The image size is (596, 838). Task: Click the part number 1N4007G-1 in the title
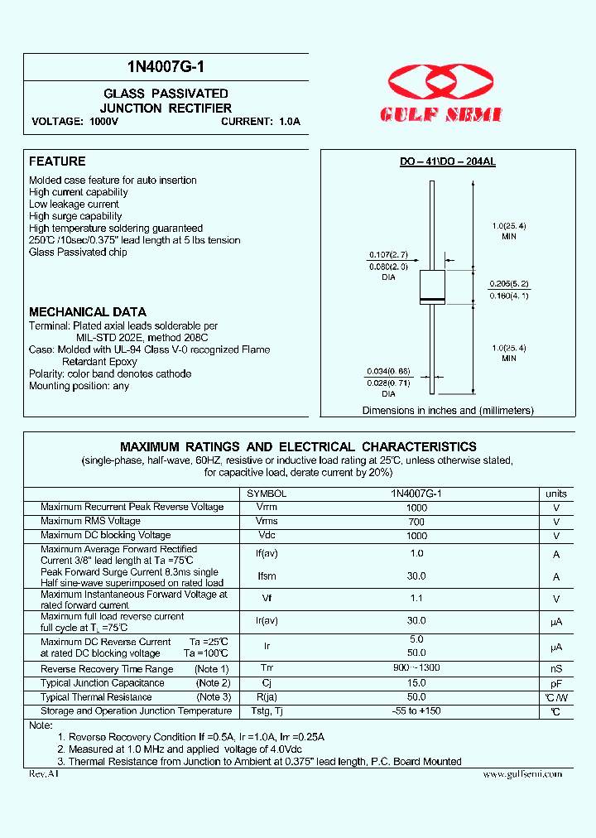click(x=166, y=69)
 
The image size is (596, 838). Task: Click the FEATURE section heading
click(x=57, y=161)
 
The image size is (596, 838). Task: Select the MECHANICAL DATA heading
click(x=87, y=312)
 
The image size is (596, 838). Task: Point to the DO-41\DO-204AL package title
click(x=448, y=162)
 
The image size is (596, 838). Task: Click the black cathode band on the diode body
click(x=433, y=299)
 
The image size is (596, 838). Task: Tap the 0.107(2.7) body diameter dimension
click(x=388, y=255)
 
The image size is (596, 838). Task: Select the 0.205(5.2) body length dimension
click(x=508, y=282)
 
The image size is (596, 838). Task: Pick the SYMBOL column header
click(x=267, y=493)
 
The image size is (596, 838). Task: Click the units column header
click(x=556, y=493)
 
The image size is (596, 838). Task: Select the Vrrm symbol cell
click(x=267, y=507)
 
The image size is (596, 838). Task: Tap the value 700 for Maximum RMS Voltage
click(x=416, y=522)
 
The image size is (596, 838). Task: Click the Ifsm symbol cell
click(x=267, y=576)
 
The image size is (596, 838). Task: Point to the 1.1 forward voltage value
click(x=416, y=599)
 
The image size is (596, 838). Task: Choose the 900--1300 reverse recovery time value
click(x=416, y=669)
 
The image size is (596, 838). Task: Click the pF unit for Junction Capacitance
click(x=556, y=684)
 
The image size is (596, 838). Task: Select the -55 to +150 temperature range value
click(x=416, y=712)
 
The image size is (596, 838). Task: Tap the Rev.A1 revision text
click(x=44, y=773)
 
